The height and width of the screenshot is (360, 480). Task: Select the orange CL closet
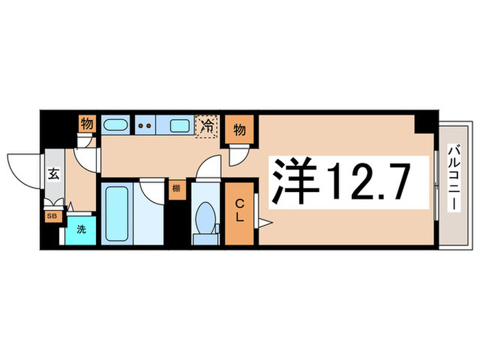[240, 213]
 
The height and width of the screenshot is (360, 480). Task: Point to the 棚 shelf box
[176, 189]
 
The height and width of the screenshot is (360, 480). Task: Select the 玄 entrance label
[53, 173]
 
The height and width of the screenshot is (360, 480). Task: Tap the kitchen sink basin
[180, 125]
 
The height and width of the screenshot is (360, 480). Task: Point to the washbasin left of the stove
[115, 125]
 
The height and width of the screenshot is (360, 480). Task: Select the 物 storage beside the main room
[239, 129]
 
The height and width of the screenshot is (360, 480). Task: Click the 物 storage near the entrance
[86, 124]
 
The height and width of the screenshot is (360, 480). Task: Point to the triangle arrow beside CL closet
[264, 221]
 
